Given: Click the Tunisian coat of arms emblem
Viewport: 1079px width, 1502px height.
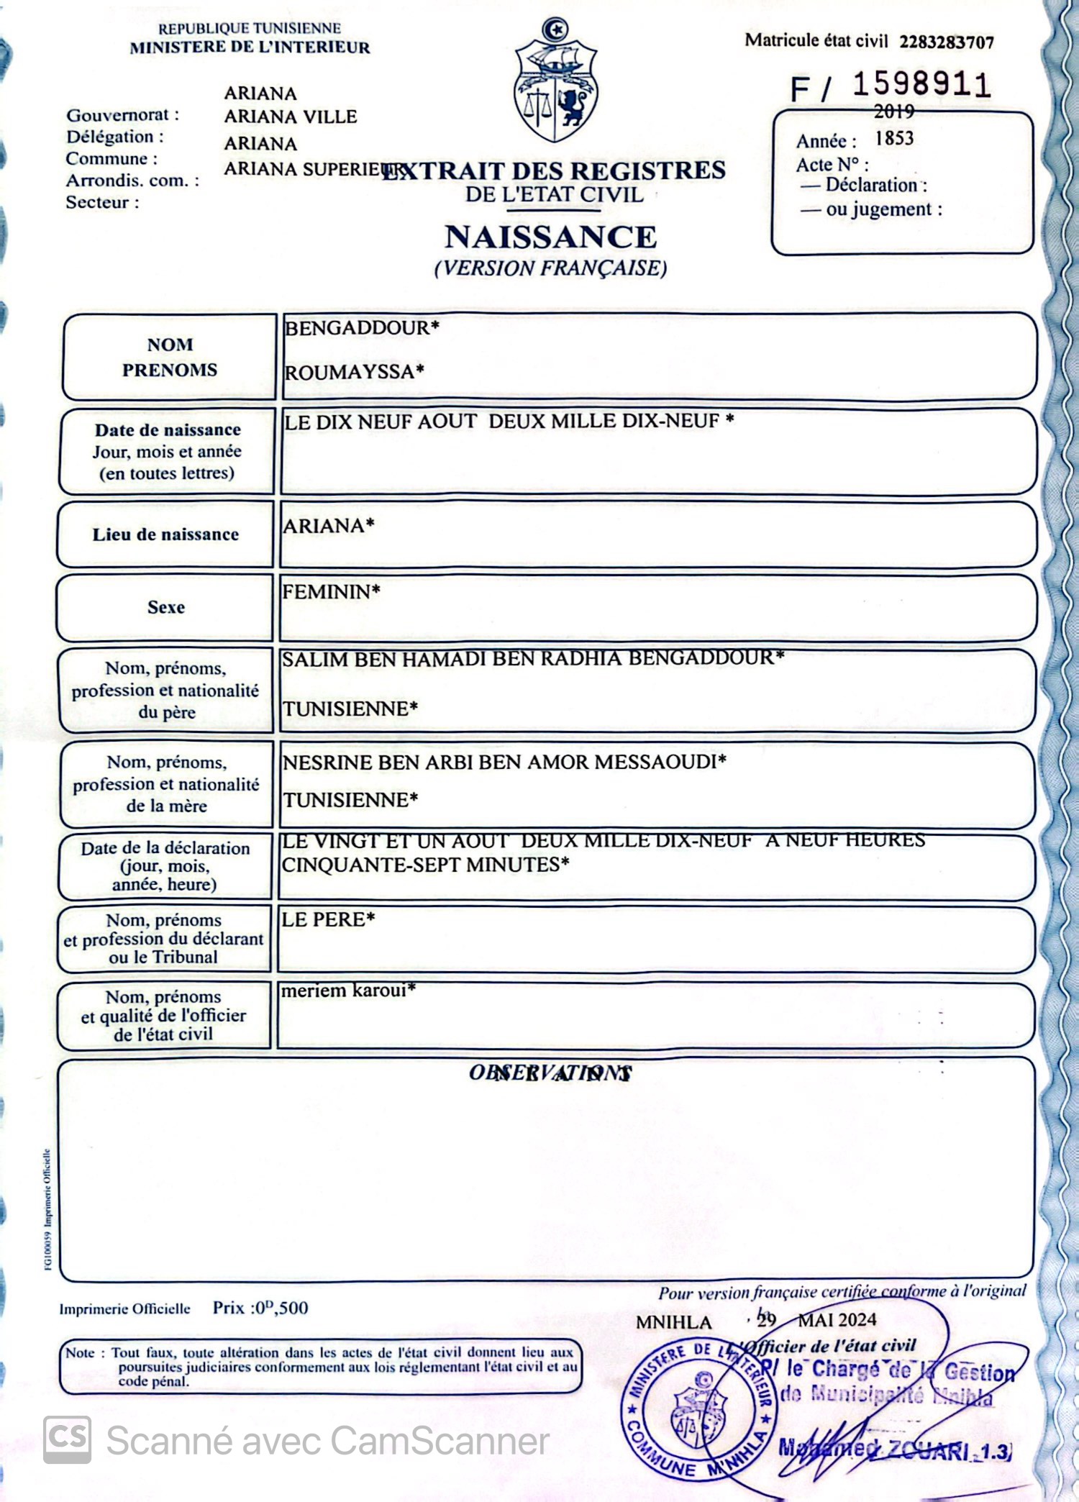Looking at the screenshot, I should click(555, 83).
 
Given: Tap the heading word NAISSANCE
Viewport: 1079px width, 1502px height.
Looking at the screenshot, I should click(551, 237).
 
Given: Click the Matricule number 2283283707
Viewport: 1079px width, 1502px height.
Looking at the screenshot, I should click(946, 42).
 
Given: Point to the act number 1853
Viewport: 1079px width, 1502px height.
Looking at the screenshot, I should click(894, 138).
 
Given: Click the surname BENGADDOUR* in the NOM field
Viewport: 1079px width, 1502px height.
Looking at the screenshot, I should click(361, 328).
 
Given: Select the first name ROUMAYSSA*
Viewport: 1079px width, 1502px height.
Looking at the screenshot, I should click(354, 372).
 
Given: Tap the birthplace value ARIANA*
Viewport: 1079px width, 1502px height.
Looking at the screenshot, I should click(328, 526).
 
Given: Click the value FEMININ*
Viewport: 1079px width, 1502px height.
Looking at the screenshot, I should click(331, 592).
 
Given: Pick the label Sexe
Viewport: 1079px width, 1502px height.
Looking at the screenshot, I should click(166, 607).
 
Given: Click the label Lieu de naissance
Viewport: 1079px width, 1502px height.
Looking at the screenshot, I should click(165, 534).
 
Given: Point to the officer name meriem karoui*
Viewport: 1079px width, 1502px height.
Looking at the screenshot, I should click(348, 991).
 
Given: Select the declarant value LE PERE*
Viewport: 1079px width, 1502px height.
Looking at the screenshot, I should click(328, 919).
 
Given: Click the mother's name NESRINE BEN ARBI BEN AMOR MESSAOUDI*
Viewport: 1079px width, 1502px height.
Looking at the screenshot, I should click(504, 762).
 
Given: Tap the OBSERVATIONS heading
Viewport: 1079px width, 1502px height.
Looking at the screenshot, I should click(550, 1073).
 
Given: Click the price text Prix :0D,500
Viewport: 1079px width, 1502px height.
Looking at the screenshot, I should click(260, 1308).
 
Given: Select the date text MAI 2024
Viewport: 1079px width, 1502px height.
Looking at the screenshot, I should click(837, 1319).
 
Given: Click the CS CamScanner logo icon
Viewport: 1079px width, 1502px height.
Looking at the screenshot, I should click(67, 1440).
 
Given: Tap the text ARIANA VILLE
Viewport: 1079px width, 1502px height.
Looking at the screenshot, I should click(290, 117).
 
